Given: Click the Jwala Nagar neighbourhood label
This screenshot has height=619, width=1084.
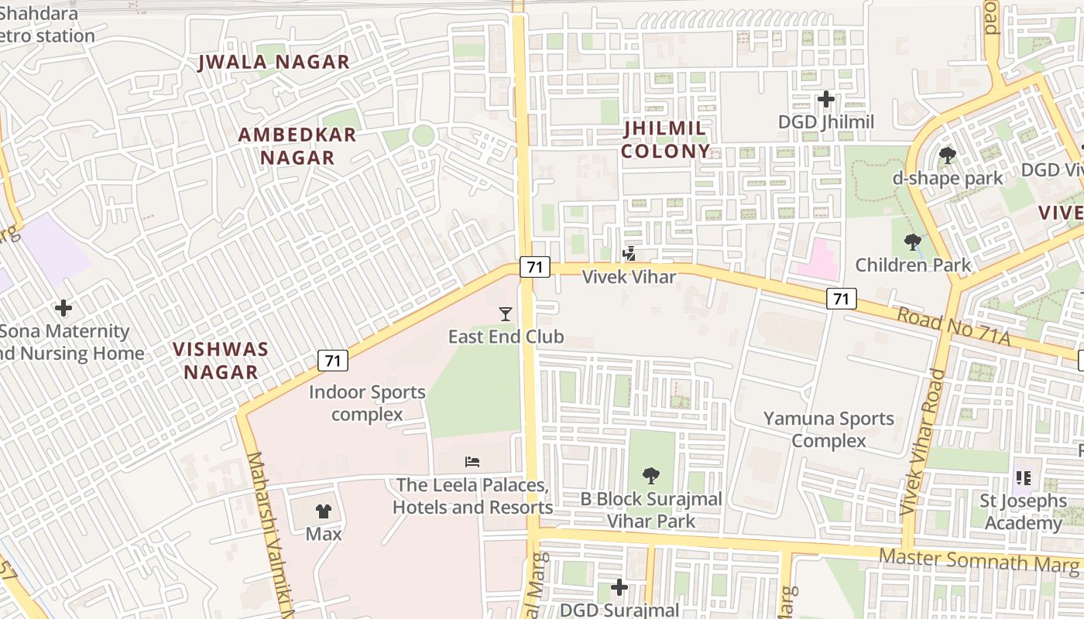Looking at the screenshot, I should [x=274, y=62].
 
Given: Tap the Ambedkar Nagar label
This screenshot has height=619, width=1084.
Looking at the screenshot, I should [x=297, y=145].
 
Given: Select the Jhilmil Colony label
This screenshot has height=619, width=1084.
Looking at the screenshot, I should [x=665, y=139].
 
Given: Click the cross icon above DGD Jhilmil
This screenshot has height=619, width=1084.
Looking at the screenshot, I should [x=826, y=99].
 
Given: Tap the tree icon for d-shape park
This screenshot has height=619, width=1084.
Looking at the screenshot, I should [x=947, y=156].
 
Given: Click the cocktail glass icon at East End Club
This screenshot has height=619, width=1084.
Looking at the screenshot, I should [x=506, y=313].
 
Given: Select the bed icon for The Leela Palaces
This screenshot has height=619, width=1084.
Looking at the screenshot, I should [x=472, y=462].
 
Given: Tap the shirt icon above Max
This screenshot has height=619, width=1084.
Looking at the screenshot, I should [x=324, y=511].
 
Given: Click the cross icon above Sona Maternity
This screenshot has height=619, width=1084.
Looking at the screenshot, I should [x=63, y=309].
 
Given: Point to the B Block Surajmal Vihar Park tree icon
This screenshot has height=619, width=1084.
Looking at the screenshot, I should [x=651, y=475].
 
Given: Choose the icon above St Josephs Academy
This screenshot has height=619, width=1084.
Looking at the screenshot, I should [x=1023, y=478].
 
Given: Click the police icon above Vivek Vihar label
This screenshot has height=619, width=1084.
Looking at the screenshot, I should [x=629, y=253].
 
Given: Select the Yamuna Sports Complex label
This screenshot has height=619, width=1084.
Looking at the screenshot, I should [x=828, y=429].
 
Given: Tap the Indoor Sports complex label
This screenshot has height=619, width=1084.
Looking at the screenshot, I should [x=367, y=403].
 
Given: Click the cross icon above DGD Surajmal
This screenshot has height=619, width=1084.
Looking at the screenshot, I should [x=619, y=587].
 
